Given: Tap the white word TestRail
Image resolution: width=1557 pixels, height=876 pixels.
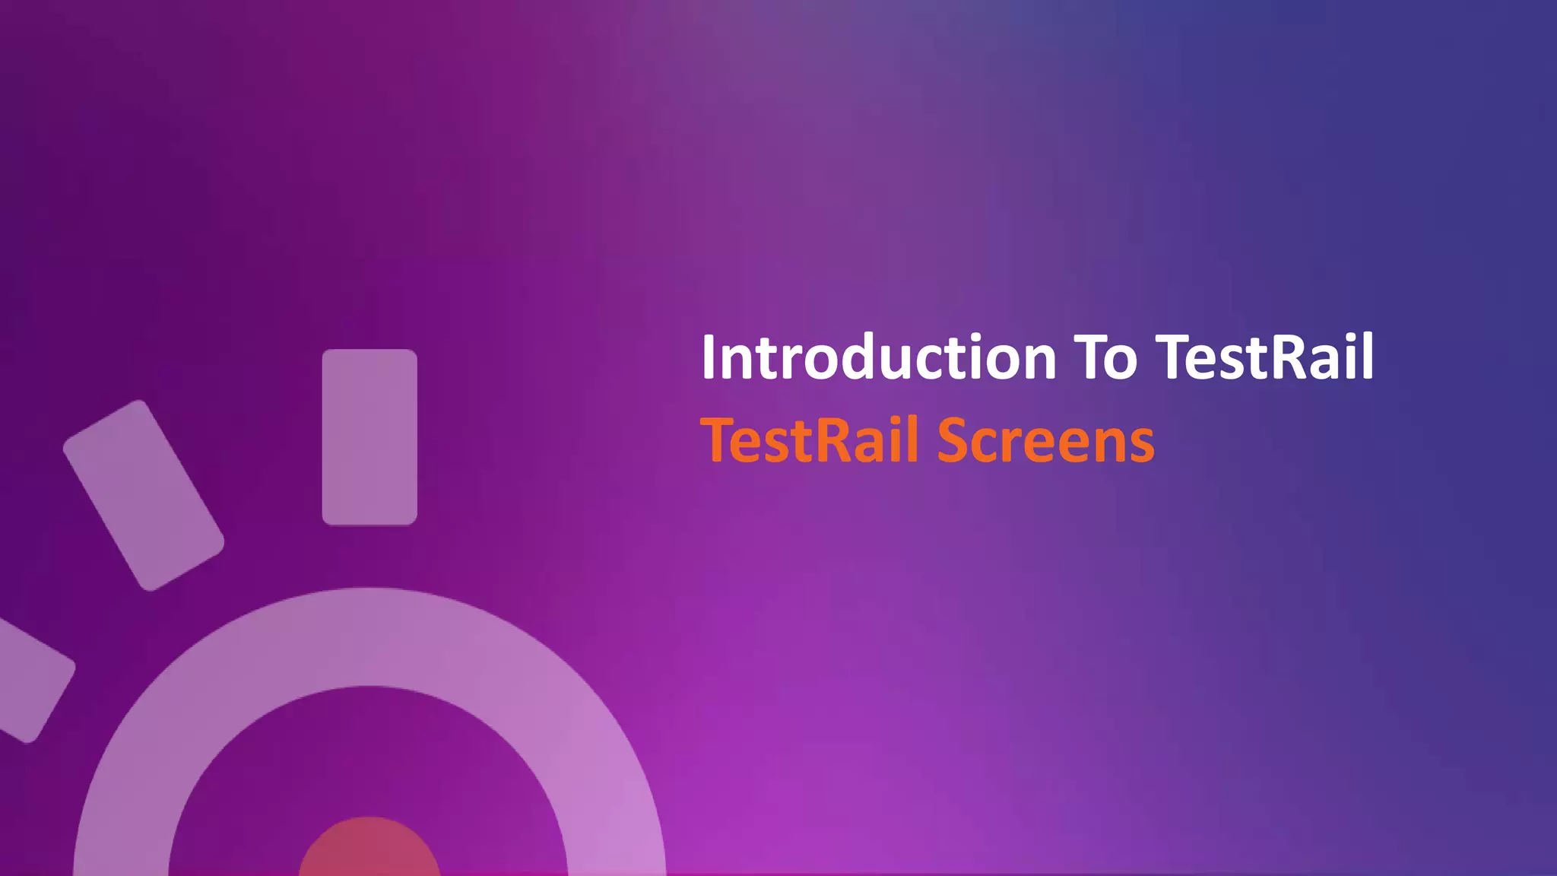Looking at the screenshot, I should tap(1264, 357).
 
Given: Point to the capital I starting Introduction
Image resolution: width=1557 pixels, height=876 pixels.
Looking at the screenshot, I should tap(709, 357).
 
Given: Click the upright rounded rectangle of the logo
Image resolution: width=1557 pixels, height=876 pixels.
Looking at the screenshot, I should tap(369, 437).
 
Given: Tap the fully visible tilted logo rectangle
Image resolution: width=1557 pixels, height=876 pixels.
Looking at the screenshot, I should tap(143, 495).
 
